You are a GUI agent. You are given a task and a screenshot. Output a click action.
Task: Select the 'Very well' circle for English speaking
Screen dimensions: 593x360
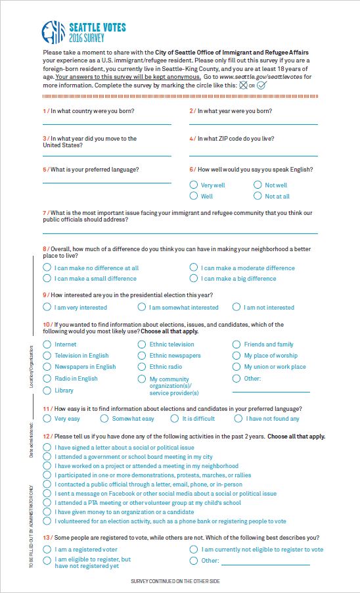click(x=194, y=185)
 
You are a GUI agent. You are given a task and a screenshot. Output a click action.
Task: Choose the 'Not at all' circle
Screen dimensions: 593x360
click(x=258, y=196)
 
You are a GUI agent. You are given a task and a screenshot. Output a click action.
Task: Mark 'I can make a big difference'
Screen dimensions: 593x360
click(x=194, y=278)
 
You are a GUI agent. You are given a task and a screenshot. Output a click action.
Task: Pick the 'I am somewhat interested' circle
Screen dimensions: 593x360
click(x=142, y=307)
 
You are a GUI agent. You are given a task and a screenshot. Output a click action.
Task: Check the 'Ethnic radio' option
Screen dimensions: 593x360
click(x=142, y=367)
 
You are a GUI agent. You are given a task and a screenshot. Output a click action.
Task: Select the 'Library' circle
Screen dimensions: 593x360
click(x=47, y=391)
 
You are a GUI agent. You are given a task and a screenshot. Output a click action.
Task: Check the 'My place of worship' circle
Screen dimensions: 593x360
click(x=236, y=356)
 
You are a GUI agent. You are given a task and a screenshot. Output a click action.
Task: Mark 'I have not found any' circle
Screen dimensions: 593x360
click(x=238, y=419)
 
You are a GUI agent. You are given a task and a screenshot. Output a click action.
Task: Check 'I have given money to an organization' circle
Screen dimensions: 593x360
click(x=47, y=511)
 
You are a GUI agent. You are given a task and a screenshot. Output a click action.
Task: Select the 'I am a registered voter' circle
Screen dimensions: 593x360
click(x=47, y=549)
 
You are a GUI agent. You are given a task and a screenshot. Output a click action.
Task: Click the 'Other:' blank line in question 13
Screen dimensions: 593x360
click(x=265, y=563)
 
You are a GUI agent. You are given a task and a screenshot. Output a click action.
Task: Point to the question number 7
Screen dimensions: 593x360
click(x=45, y=213)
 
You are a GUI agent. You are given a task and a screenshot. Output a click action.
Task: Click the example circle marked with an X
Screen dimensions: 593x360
click(x=243, y=85)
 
